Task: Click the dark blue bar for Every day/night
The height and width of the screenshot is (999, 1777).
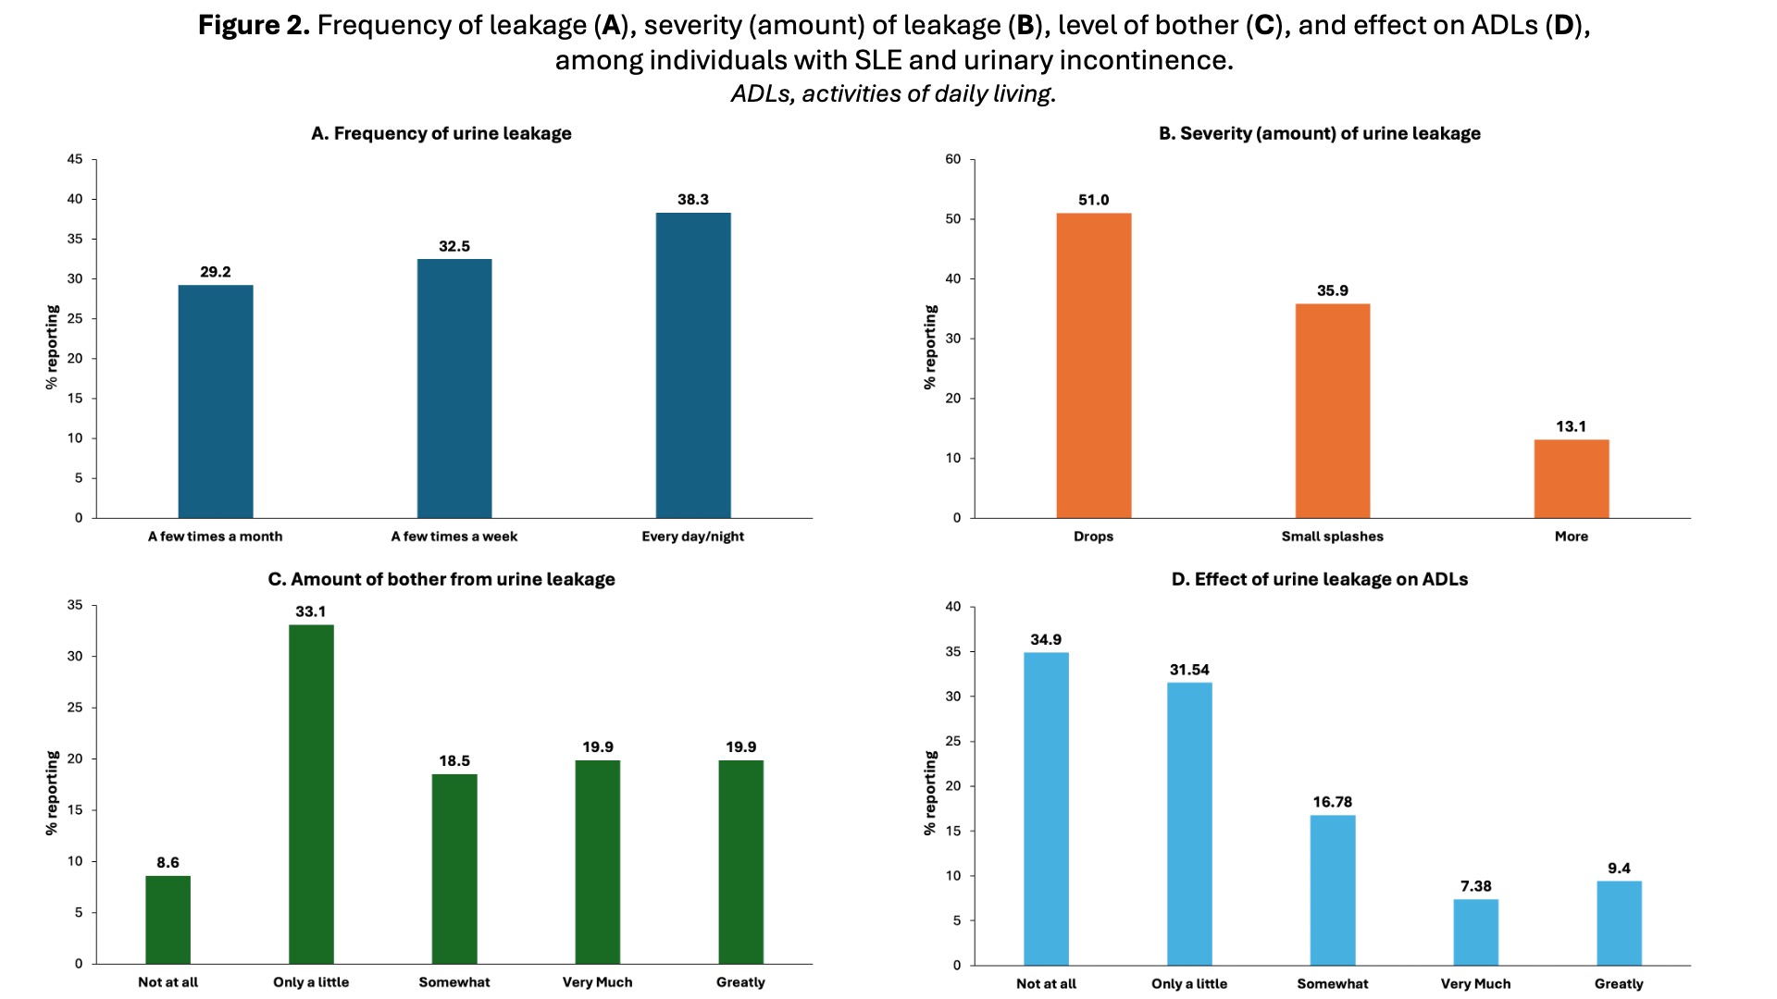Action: (x=692, y=365)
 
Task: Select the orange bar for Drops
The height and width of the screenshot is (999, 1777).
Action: (x=1093, y=365)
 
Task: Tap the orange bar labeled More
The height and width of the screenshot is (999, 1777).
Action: (x=1571, y=478)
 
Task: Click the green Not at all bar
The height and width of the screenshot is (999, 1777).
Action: (x=168, y=919)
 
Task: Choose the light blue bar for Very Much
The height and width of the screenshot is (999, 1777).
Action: (x=1475, y=931)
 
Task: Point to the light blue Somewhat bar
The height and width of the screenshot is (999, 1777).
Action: (x=1332, y=889)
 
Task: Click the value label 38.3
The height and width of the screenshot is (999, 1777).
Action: (x=692, y=200)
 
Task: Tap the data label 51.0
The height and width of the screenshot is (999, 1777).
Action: (x=1093, y=200)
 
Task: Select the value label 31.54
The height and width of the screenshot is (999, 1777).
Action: (x=1189, y=670)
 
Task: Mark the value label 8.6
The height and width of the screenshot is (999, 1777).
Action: (x=168, y=863)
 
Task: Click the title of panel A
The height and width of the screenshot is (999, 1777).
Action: (x=441, y=133)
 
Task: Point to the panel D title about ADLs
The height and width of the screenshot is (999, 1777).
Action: (x=1319, y=579)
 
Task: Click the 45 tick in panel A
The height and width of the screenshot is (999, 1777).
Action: (x=75, y=159)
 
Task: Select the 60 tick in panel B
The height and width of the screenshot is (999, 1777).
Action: (x=952, y=159)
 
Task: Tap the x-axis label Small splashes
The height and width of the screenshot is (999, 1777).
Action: (x=1332, y=536)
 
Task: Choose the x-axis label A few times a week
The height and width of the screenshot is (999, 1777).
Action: (x=454, y=536)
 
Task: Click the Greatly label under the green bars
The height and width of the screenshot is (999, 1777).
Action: (x=740, y=982)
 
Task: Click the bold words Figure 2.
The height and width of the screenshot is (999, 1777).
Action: (x=254, y=25)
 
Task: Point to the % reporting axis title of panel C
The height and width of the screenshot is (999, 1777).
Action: (x=52, y=793)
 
